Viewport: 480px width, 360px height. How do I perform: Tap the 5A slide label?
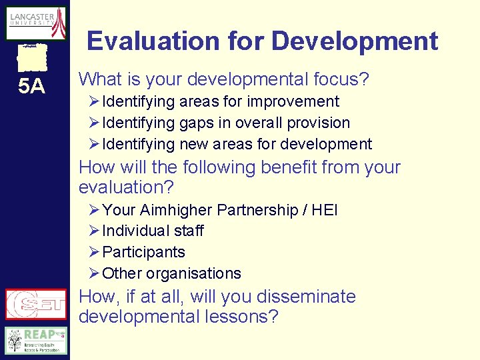pyautogui.click(x=31, y=86)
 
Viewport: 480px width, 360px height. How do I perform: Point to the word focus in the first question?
pyautogui.click(x=335, y=80)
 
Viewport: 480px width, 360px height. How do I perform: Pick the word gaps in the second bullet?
pyautogui.click(x=195, y=123)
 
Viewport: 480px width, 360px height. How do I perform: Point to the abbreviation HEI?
pyautogui.click(x=325, y=211)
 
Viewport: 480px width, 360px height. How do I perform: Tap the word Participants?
pyautogui.click(x=144, y=253)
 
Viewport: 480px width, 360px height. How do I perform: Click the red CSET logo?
pyautogui.click(x=36, y=305)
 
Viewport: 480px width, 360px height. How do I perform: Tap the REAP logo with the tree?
pyautogui.click(x=36, y=340)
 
